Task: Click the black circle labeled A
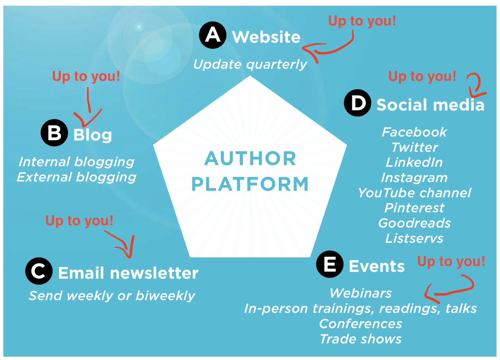pos(213,35)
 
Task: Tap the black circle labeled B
pos(54,133)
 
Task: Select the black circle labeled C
pos(39,271)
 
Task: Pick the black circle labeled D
pos(357,103)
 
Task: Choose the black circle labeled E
pos(330,264)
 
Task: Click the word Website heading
pos(266,37)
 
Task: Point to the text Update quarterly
pos(250,65)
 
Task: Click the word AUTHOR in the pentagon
pos(250,158)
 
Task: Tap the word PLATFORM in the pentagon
pos(250,184)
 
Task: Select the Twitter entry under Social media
pos(415,148)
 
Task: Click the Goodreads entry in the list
pos(415,223)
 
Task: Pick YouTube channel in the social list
pos(415,193)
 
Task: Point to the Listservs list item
pos(415,238)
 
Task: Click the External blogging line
pos(77,177)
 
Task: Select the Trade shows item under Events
pos(361,339)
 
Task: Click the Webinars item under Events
pos(361,293)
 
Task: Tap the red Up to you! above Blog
pos(86,76)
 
